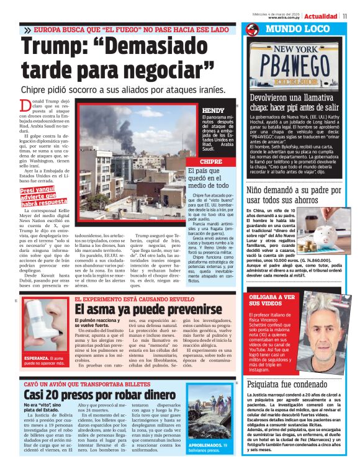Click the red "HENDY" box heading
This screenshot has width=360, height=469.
[215, 110]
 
